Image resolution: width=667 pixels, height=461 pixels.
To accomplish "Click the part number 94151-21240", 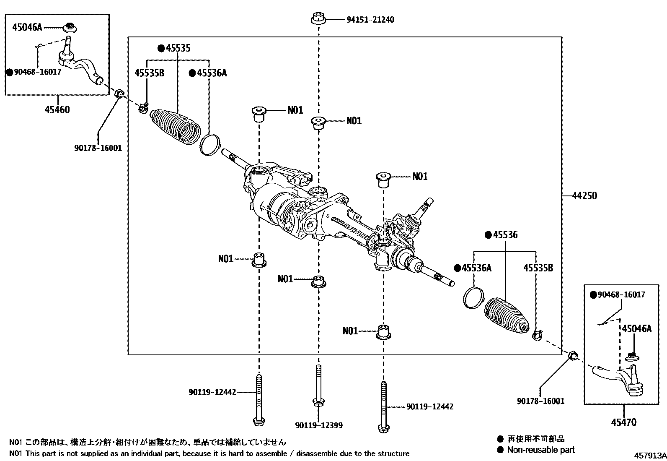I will pos(370,20).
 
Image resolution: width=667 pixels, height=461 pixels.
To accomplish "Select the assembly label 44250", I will pos(584,195).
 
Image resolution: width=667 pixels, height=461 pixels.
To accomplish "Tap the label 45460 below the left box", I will pos(57,110).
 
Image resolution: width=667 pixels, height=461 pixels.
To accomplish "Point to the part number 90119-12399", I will pos(318,425).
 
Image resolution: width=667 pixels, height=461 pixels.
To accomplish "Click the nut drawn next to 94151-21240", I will pos(319,19).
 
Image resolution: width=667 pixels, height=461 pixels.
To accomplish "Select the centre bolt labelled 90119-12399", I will pos(318,386).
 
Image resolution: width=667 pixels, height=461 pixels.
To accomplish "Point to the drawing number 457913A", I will pos(649,456).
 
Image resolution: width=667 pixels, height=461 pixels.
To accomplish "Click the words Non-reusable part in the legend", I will pos(540,450).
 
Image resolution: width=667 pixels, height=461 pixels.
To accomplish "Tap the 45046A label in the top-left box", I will pos(27,27).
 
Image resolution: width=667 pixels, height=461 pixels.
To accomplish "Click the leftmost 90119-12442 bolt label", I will pos(212,392).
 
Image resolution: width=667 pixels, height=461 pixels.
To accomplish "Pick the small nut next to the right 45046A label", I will pos(632,357).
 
